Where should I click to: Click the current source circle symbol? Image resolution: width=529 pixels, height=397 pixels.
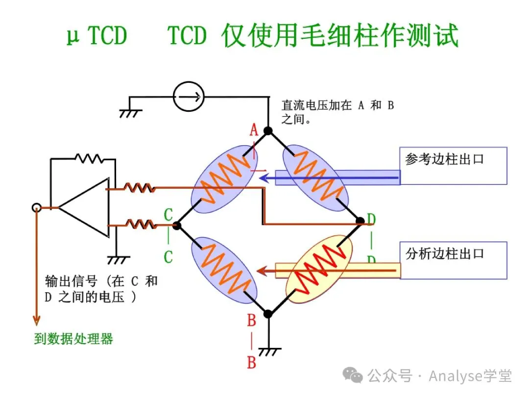[x=189, y=97]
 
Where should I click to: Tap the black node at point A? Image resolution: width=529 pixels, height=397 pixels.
[x=268, y=131]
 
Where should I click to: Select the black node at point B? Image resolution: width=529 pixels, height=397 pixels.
[x=268, y=314]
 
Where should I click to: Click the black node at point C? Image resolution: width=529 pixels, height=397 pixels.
[x=177, y=225]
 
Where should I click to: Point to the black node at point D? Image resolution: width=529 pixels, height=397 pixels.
[x=360, y=222]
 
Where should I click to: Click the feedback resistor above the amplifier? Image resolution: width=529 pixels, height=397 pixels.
[x=88, y=159]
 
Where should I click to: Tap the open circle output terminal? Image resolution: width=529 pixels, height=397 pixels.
[x=36, y=208]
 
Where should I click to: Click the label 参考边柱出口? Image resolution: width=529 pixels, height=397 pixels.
[x=444, y=159]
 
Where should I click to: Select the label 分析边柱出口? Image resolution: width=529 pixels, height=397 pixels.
[x=445, y=253]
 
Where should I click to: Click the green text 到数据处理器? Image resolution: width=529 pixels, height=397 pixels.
[x=73, y=339]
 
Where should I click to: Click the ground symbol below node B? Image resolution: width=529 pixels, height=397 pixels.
[x=268, y=351]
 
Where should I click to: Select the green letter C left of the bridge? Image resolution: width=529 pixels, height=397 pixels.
[x=168, y=215]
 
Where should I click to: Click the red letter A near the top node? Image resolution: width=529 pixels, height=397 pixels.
[x=253, y=130]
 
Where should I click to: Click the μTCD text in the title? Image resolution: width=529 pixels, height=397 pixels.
[x=97, y=36]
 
